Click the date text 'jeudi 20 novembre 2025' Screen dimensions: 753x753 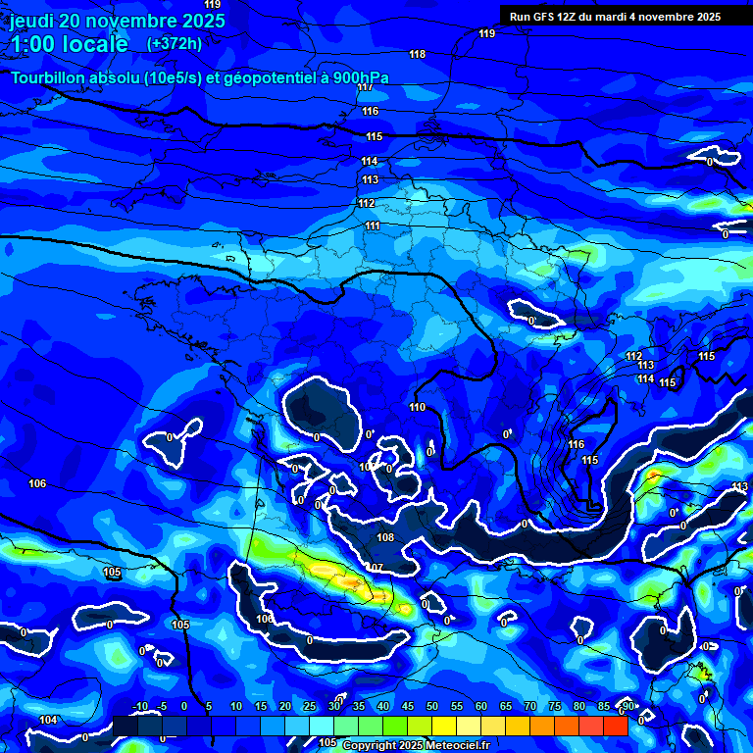[118, 21]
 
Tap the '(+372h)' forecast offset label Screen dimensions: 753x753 [175, 43]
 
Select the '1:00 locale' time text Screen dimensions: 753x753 [70, 44]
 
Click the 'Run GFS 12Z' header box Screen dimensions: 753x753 [615, 17]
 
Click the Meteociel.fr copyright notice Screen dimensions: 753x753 [416, 746]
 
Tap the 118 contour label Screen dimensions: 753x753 [418, 54]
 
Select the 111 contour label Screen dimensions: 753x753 [373, 226]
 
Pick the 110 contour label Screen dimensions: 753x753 [418, 407]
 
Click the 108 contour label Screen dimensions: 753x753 [385, 537]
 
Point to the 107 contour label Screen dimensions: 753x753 [375, 568]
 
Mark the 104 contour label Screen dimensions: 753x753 [48, 720]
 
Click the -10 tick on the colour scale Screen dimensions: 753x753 [139, 707]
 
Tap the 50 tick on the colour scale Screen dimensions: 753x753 [432, 707]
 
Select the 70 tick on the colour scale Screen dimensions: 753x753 [530, 707]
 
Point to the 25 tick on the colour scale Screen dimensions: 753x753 [310, 707]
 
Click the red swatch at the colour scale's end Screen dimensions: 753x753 [616, 726]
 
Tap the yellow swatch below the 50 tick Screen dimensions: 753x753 [444, 726]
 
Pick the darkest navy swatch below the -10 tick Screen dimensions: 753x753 [125, 726]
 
